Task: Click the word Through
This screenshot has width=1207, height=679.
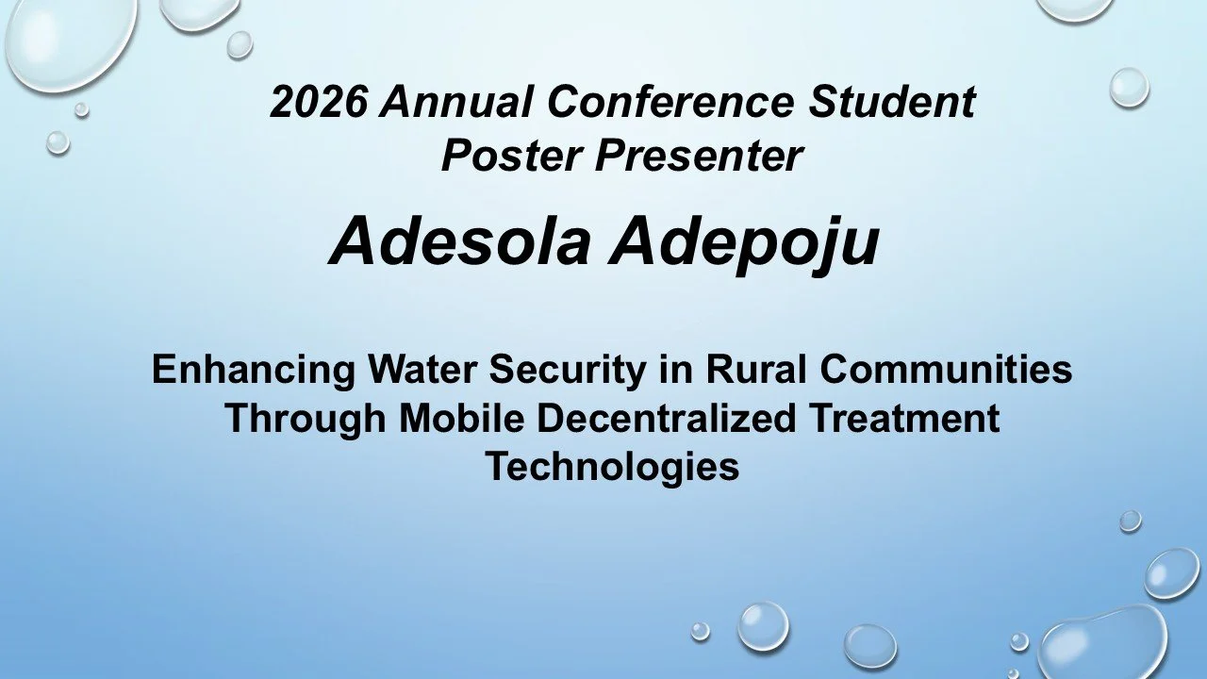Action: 306,419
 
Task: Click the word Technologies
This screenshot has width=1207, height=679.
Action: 612,467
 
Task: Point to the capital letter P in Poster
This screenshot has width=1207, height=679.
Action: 454,156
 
